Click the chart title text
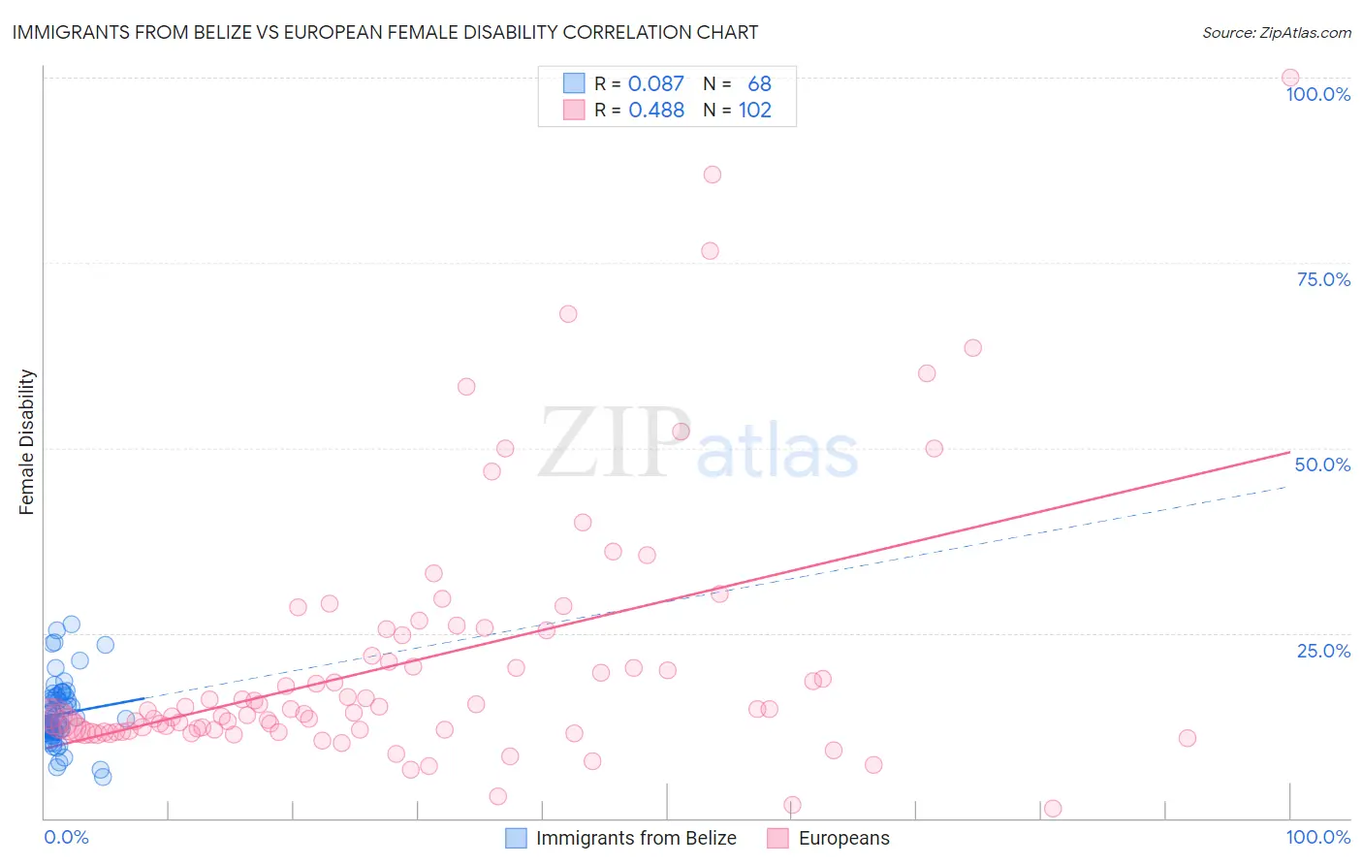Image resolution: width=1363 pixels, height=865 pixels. coord(385,32)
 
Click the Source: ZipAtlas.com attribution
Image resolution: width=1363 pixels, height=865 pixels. coord(1276,32)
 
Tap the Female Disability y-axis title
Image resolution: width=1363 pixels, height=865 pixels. coord(27,441)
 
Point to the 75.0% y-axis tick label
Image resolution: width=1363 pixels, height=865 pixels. coord(1322,279)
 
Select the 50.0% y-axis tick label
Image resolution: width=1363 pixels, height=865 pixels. coord(1322,465)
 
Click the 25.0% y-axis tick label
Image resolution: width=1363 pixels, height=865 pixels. coord(1322,651)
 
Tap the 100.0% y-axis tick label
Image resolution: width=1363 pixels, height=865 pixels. coord(1317,94)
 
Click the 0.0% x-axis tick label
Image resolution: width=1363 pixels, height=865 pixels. coord(66,837)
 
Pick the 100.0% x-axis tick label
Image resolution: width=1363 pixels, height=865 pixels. coord(1317,837)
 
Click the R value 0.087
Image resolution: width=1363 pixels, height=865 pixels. coord(655,84)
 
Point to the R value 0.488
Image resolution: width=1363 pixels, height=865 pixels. coord(655,111)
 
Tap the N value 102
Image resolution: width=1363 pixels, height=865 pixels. coord(754,111)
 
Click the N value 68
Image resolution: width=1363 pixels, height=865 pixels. coord(759,84)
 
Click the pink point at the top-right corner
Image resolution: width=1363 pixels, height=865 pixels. coord(1289,78)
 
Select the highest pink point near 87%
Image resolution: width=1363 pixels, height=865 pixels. coord(712,175)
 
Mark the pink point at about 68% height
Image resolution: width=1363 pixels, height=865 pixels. coord(568,314)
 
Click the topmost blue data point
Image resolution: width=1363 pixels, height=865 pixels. coord(71,625)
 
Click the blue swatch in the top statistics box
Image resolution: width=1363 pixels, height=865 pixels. coord(574,83)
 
